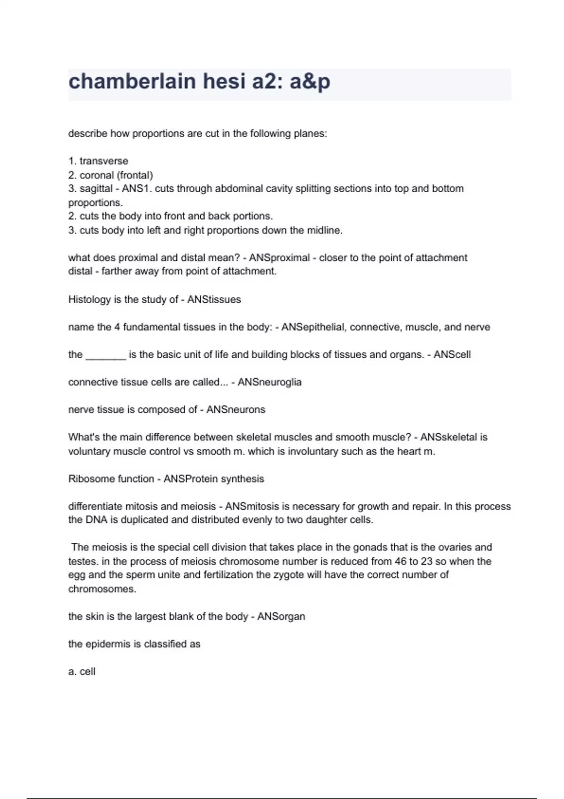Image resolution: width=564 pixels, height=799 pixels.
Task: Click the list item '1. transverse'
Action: point(98,161)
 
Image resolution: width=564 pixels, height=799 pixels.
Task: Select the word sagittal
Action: point(96,189)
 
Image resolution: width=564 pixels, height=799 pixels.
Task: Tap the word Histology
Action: point(89,300)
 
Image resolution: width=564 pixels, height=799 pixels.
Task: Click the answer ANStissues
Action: point(214,300)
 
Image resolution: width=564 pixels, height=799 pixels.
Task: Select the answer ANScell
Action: point(452,355)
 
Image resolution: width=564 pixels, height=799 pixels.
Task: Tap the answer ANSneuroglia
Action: point(269,382)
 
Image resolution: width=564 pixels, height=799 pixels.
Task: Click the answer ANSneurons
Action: point(235,410)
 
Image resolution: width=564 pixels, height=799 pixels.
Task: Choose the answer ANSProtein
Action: point(190,479)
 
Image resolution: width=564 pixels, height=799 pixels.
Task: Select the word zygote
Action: point(289,575)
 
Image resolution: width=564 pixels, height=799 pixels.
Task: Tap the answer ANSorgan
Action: point(281,617)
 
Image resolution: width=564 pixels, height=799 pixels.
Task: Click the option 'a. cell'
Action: point(82,672)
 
